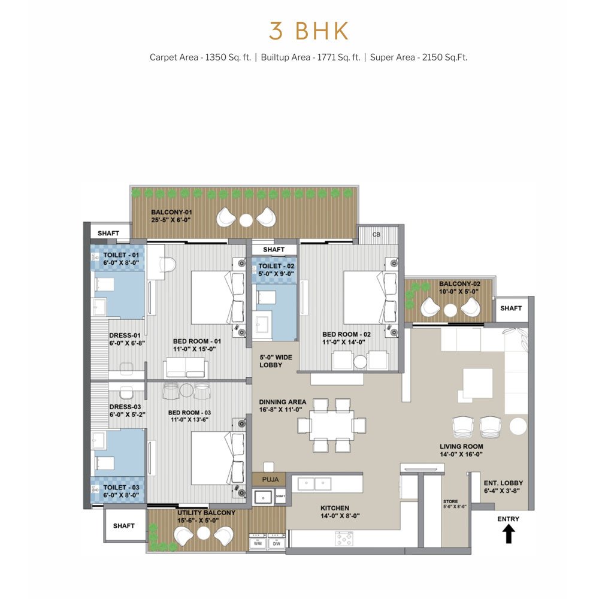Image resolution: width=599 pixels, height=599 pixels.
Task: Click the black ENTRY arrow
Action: [x=508, y=534]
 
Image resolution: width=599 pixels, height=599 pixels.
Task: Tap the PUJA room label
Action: [x=270, y=479]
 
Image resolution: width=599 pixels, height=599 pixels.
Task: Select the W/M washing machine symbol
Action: [x=258, y=543]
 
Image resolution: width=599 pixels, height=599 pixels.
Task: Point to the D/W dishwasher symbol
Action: [x=277, y=543]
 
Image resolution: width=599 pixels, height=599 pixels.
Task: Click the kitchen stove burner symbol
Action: [x=344, y=539]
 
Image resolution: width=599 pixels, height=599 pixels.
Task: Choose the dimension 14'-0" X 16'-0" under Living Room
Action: [x=461, y=454]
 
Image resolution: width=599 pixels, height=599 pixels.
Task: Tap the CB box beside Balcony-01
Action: [x=376, y=234]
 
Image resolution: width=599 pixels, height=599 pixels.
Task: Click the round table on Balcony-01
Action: [x=246, y=220]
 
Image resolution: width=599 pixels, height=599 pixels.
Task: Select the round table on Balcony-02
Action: [x=450, y=310]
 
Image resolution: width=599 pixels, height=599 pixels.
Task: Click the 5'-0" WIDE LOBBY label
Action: [x=276, y=361]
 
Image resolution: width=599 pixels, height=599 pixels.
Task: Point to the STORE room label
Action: [x=450, y=501]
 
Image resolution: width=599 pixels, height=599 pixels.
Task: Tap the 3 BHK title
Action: [x=308, y=31]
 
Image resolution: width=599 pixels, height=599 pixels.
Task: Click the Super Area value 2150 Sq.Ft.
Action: [x=444, y=58]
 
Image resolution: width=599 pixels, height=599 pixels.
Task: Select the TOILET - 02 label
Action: [x=276, y=266]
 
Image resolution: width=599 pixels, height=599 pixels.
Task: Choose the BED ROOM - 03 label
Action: [x=189, y=413]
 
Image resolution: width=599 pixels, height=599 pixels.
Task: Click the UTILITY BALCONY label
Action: [x=206, y=513]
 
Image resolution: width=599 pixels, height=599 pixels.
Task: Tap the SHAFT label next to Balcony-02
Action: [x=511, y=308]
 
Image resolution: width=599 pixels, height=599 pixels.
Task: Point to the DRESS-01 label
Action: [x=125, y=335]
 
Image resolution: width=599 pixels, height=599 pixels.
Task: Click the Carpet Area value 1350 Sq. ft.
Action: [x=228, y=58]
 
